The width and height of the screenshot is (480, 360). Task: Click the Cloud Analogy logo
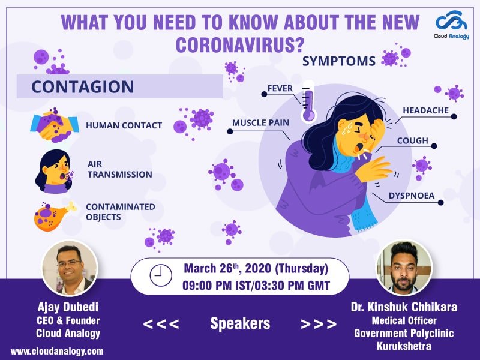click(452, 27)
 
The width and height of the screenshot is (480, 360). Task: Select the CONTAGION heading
click(82, 86)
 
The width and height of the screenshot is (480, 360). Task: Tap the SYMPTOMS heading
click(339, 61)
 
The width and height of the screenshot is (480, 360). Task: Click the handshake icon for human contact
click(54, 125)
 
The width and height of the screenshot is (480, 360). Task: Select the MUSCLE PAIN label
click(260, 123)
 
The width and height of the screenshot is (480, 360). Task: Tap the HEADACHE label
click(425, 110)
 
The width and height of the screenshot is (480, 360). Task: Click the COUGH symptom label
click(412, 141)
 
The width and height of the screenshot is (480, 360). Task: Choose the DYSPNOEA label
click(410, 195)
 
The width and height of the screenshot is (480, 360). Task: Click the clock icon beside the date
click(160, 276)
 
